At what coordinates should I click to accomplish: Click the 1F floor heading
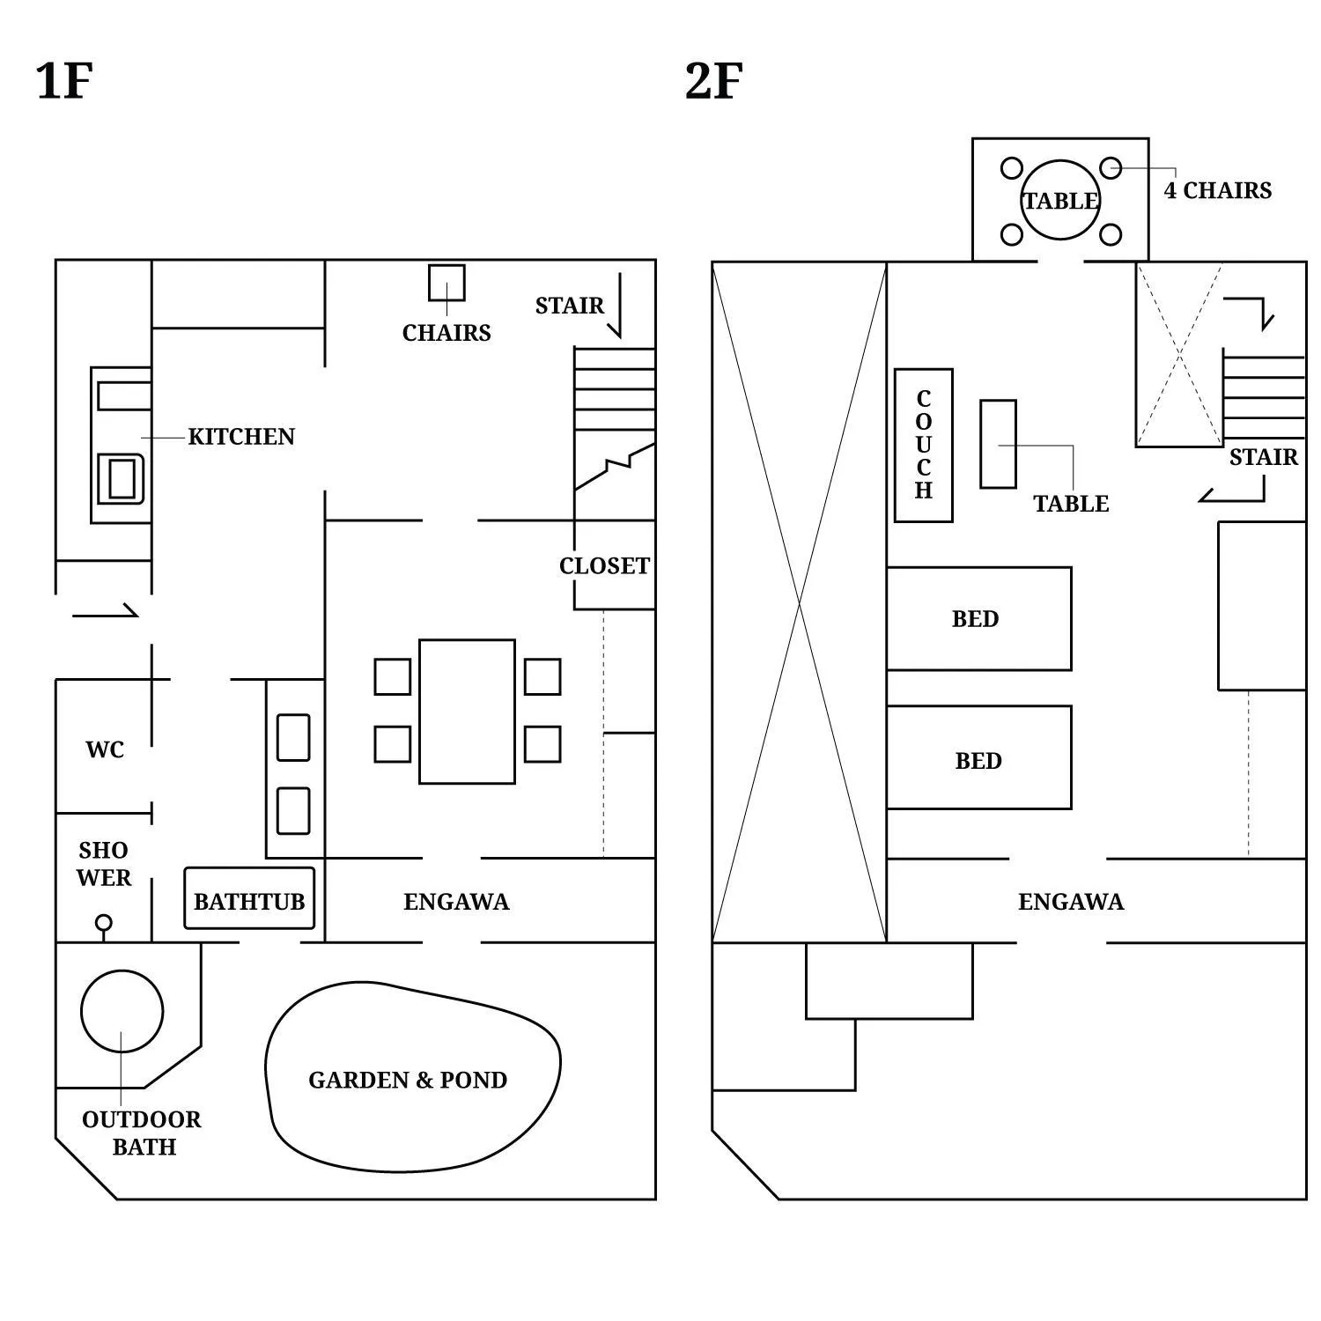[64, 81]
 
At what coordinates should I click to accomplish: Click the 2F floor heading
[713, 81]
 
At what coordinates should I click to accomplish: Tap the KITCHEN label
[241, 437]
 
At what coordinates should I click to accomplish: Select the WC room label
[105, 749]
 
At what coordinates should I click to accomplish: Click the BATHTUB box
[249, 899]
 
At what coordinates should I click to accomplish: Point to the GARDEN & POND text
[408, 1081]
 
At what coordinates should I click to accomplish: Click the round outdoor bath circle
[122, 1011]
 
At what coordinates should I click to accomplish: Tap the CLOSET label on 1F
[604, 566]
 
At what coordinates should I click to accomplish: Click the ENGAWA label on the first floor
[456, 902]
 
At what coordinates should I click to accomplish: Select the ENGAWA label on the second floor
[1071, 902]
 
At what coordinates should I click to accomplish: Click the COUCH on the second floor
[923, 446]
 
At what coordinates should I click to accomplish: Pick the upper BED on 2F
[978, 618]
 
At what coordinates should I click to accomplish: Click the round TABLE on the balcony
[1060, 200]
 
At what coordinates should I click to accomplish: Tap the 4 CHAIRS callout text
[1218, 191]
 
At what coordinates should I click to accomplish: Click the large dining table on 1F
[467, 712]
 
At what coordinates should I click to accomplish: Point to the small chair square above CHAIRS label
[446, 283]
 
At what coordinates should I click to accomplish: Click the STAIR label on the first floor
[570, 306]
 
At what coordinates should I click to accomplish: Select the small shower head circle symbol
[103, 923]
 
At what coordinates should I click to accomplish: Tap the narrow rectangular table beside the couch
[998, 444]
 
